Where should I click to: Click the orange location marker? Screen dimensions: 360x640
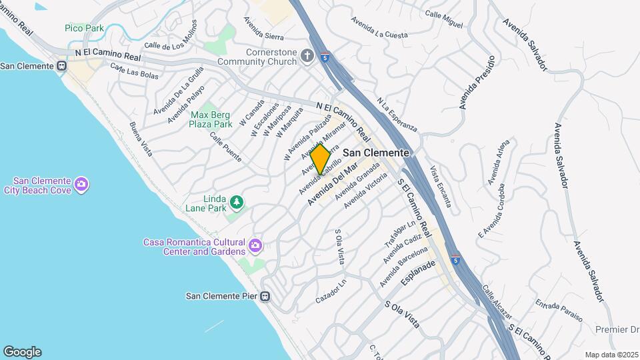click(x=321, y=159)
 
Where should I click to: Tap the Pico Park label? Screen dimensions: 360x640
click(x=83, y=27)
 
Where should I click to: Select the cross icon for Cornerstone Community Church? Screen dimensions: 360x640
click(x=307, y=55)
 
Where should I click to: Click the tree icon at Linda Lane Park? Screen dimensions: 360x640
click(x=235, y=201)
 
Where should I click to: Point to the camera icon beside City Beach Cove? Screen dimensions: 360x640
click(x=81, y=184)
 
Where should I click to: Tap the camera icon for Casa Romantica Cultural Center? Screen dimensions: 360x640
click(x=255, y=247)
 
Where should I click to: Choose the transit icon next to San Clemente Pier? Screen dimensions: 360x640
click(x=265, y=296)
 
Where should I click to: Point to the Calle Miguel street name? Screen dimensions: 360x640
click(x=443, y=19)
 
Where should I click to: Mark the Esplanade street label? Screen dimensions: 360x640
click(x=418, y=273)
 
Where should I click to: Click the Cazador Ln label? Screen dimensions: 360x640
click(x=331, y=291)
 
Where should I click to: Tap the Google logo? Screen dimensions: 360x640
click(x=22, y=351)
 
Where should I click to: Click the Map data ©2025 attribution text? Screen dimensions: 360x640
click(x=611, y=355)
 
